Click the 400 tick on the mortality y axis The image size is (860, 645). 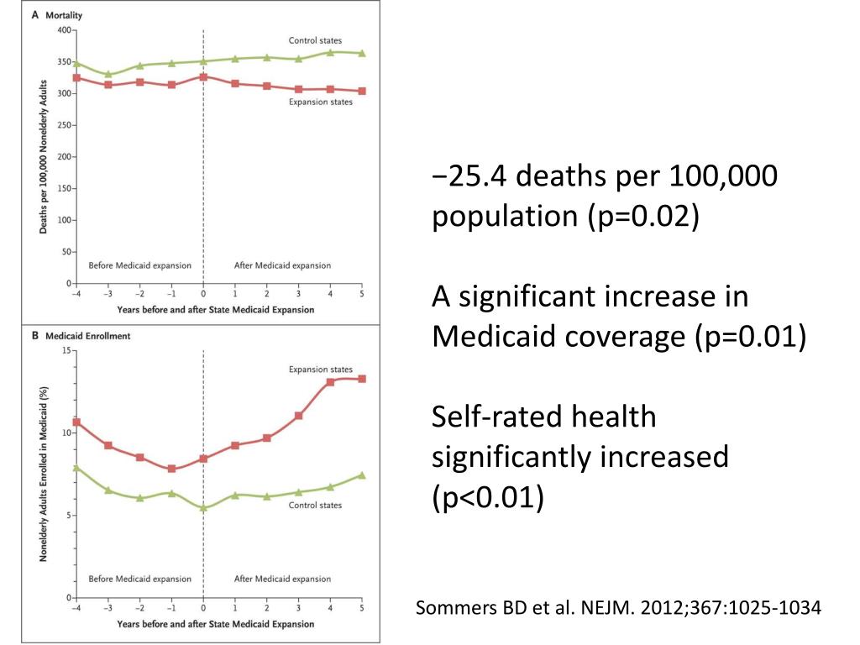pos(64,29)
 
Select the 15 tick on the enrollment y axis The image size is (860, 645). pos(66,350)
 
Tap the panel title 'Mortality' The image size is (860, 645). pos(63,15)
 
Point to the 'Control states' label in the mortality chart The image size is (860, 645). pos(315,40)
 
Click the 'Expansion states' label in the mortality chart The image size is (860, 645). pos(321,102)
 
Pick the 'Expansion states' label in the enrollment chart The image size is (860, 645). pos(321,369)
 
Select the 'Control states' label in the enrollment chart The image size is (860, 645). pos(315,506)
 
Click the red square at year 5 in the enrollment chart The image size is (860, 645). pos(362,379)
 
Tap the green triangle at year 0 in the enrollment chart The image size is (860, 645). pos(203,508)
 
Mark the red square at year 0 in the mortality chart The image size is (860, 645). pos(203,76)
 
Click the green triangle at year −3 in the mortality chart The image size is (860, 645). pos(108,75)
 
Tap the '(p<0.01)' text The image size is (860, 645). pos(488,497)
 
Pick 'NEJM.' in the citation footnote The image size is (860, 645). pos(600,608)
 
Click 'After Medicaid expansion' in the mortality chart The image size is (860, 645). pos(282,265)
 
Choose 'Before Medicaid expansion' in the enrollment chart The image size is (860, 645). pos(140,579)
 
